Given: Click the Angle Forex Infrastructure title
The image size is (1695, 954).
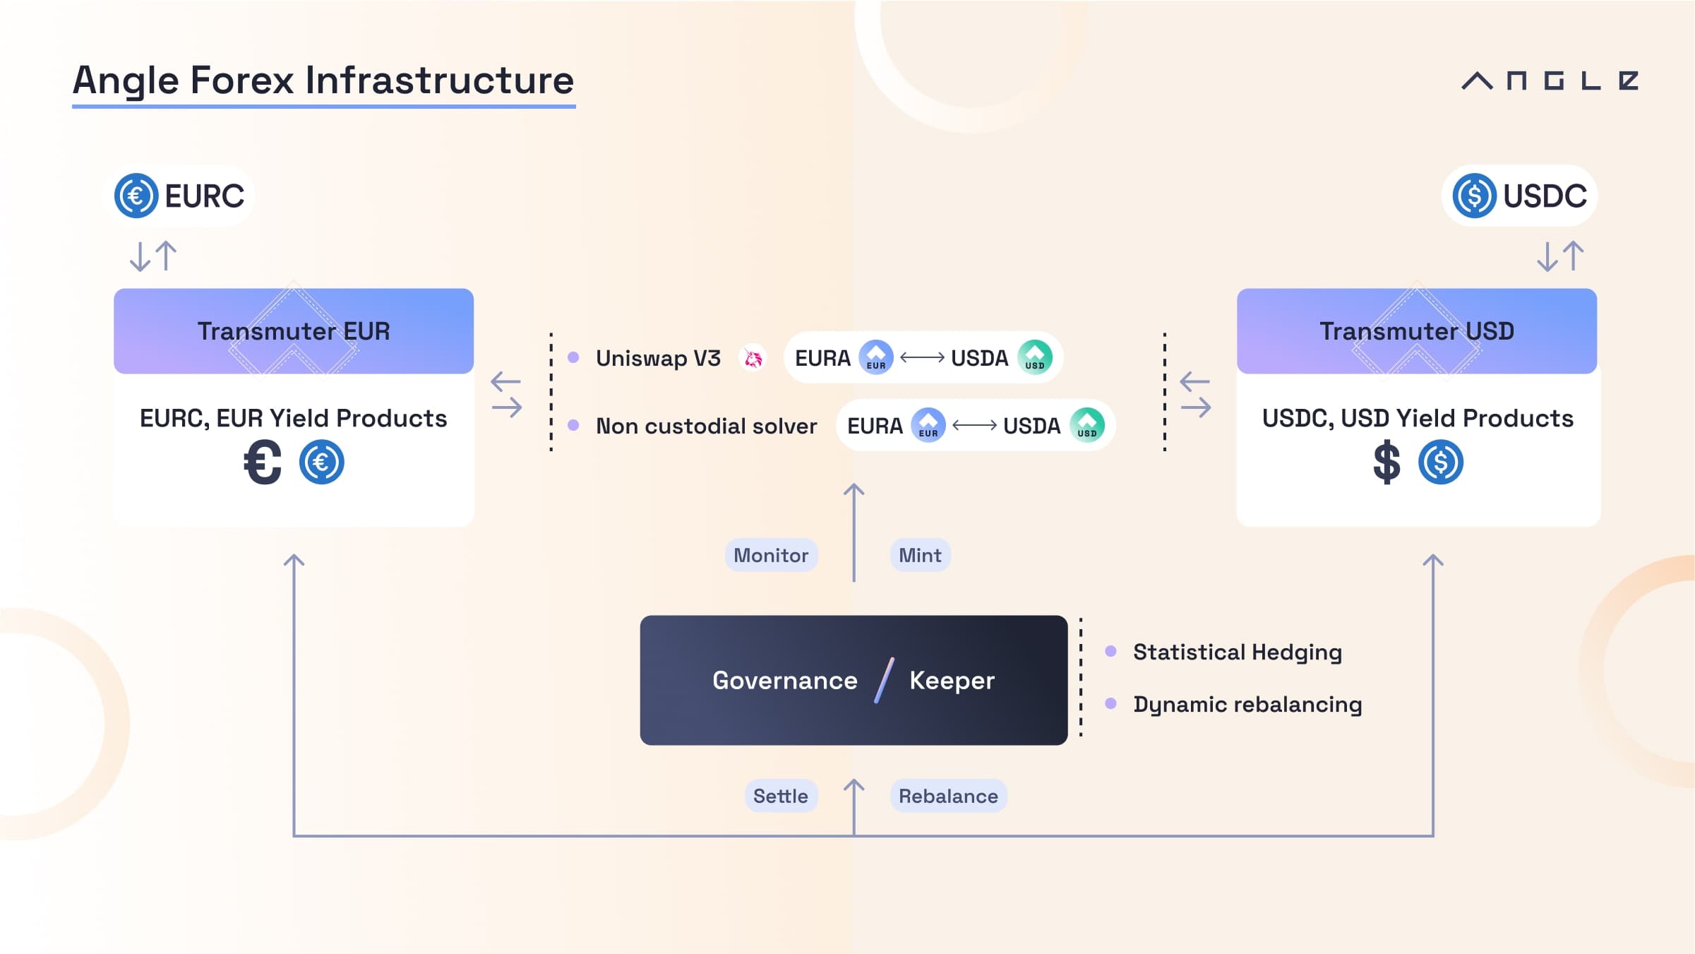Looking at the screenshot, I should click(323, 81).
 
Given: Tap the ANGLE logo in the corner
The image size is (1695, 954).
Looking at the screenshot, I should click(1550, 81).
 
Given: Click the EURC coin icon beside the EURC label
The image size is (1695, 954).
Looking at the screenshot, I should click(136, 196).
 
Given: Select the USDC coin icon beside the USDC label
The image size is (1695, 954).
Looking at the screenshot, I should click(1474, 196).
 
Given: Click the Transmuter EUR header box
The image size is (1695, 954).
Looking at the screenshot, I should click(294, 331).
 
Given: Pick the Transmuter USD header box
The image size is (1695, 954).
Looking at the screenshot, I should click(1417, 331).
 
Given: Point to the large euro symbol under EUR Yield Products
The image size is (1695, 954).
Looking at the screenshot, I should click(263, 463).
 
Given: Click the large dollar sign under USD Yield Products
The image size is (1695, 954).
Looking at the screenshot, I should click(1386, 463).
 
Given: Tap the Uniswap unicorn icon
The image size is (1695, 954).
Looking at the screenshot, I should click(753, 358).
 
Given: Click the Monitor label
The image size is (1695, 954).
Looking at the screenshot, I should click(771, 555).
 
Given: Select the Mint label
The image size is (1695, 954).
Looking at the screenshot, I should click(920, 555).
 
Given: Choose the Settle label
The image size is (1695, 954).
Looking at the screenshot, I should click(781, 796).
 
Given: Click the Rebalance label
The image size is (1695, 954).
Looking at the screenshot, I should click(948, 796).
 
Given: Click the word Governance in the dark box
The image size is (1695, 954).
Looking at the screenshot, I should click(785, 680).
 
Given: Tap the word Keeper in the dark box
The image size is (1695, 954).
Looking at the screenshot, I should click(952, 680).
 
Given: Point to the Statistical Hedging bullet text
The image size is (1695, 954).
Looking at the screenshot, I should click(1238, 652).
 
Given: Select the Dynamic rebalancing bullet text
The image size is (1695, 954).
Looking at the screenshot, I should click(1247, 704).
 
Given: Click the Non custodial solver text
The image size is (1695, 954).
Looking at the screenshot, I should click(706, 426).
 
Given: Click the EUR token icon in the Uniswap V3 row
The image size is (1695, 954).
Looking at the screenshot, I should click(876, 357).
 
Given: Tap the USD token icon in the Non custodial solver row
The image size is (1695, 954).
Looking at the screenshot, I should click(1087, 425).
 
